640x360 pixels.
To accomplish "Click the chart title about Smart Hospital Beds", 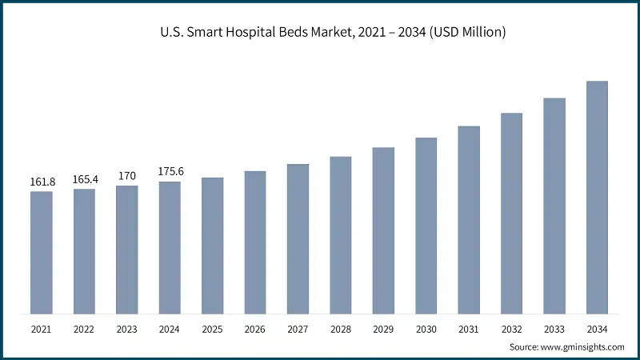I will pos(320,33).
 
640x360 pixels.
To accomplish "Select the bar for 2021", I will pos(42,252).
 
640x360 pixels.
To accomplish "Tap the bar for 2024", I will pos(170,247).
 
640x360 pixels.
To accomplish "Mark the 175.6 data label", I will pos(170,173).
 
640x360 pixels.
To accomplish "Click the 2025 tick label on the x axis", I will pos(212,329).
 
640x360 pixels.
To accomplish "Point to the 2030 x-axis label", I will pos(426,329).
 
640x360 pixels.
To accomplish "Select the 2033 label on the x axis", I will pos(554,329).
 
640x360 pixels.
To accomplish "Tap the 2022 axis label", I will pos(84,329).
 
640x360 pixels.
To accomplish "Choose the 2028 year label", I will pos(341,329).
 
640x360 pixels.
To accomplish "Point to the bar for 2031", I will pos(469,219).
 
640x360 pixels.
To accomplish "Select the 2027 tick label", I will pos(298,329).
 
